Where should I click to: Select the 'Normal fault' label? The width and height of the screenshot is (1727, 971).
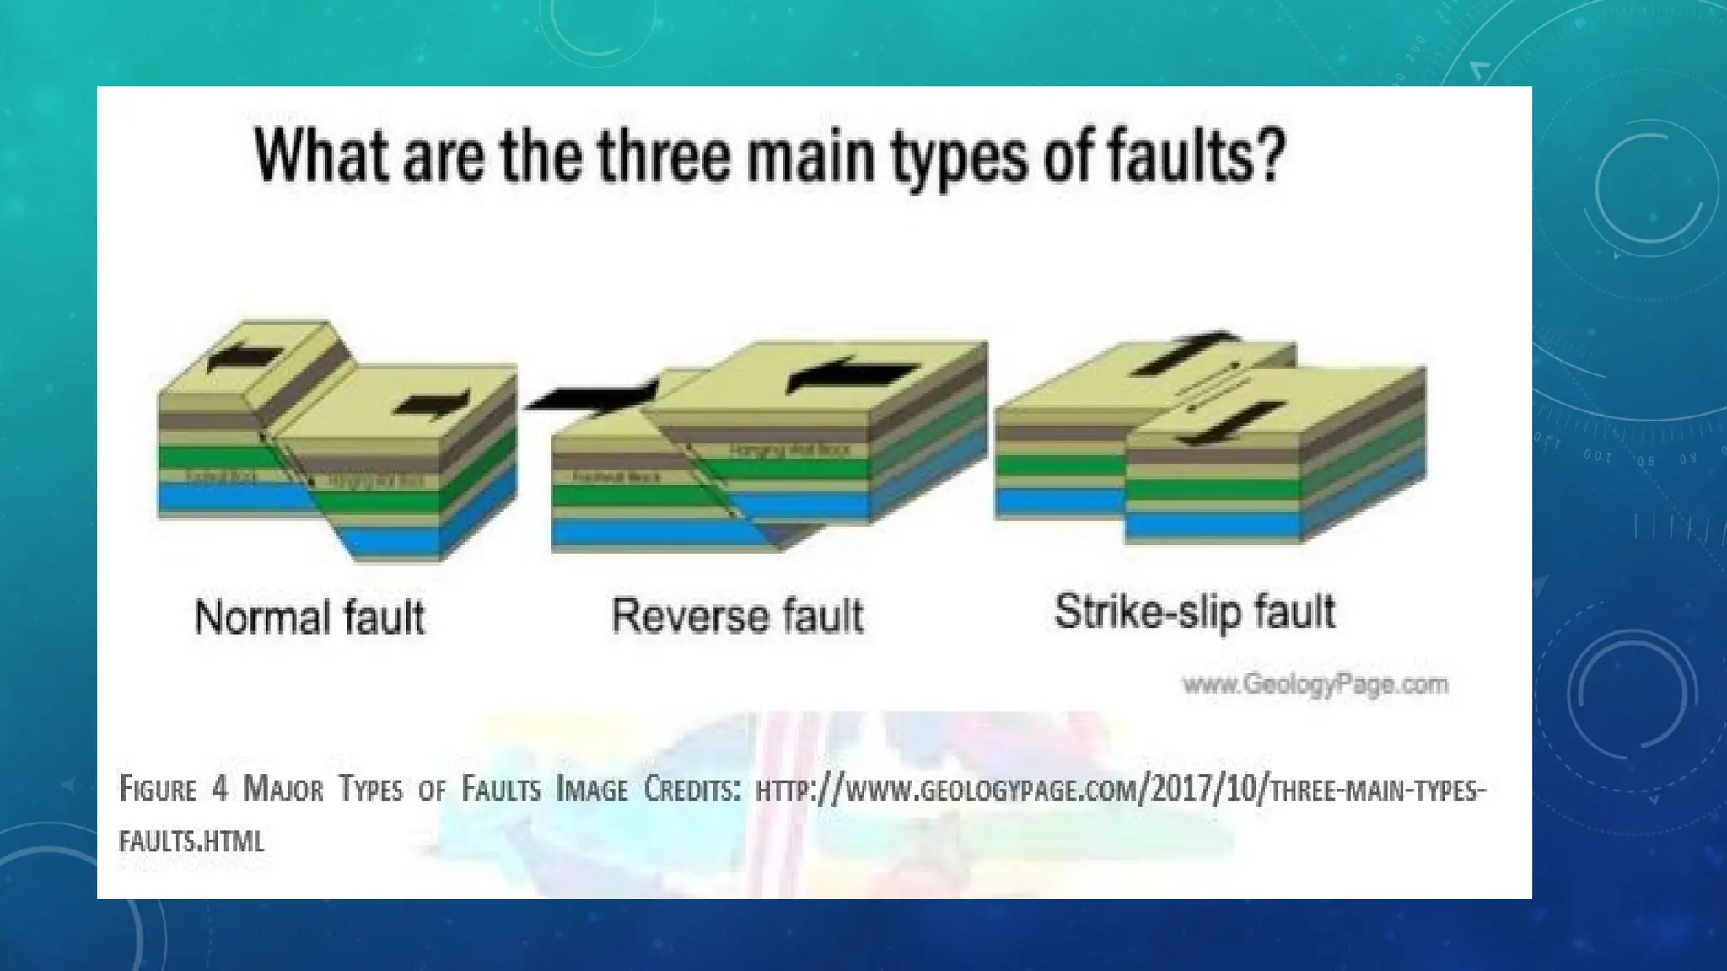(x=309, y=617)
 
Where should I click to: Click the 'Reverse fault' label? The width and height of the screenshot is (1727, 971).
(x=737, y=615)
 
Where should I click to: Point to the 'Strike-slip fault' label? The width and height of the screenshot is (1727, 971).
(x=1194, y=611)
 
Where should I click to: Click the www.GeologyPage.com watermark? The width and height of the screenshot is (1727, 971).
(x=1315, y=684)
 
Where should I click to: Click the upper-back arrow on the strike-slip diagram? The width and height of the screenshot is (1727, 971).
(x=1185, y=353)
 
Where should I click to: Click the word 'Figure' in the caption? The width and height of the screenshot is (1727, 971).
(x=158, y=790)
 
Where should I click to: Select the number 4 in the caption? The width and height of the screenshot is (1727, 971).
(x=220, y=790)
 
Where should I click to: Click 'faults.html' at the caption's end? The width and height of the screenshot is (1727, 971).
(x=191, y=840)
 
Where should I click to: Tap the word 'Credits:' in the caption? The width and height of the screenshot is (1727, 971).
(x=691, y=790)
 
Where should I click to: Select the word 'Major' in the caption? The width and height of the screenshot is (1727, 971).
(x=282, y=790)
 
